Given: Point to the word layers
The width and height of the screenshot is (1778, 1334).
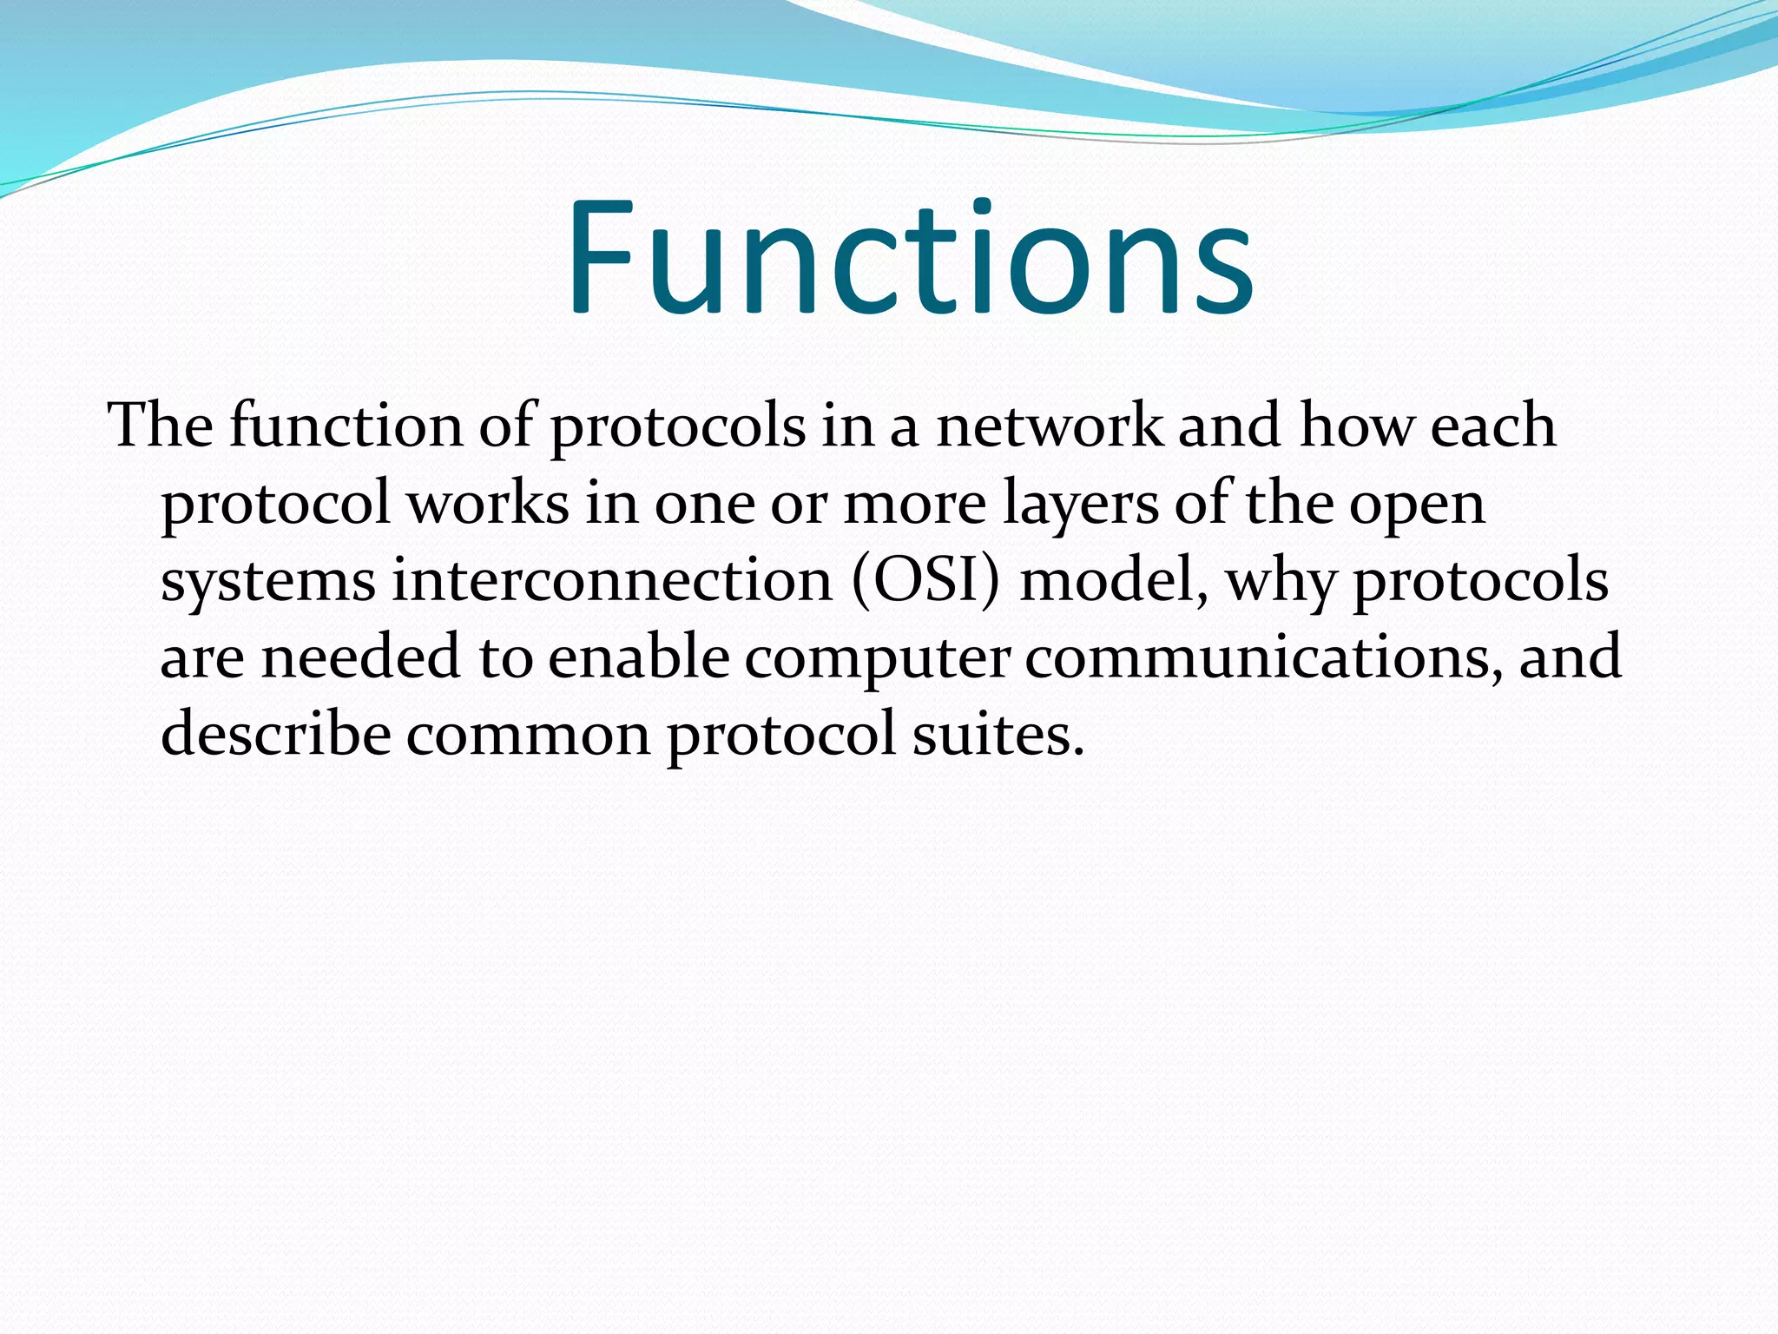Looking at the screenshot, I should (x=1080, y=505).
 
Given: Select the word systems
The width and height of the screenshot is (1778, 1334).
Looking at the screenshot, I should (x=268, y=582).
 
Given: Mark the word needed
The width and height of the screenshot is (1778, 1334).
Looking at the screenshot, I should (x=360, y=657).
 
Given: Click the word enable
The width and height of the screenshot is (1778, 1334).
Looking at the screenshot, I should (x=638, y=657).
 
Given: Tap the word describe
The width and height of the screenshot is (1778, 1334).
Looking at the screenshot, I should (x=276, y=734).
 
